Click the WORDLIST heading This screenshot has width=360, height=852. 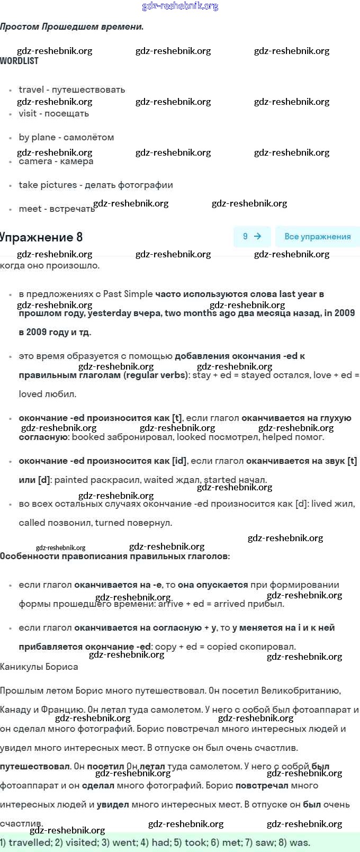click(x=19, y=61)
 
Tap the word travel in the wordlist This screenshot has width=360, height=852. click(x=31, y=89)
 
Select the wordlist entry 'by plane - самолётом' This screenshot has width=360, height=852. click(x=66, y=137)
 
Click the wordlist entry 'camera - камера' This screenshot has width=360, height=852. click(x=56, y=162)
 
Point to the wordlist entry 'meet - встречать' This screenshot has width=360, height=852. click(x=56, y=209)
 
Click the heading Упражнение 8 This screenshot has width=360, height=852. click(x=41, y=237)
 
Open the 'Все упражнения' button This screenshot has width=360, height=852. click(x=317, y=237)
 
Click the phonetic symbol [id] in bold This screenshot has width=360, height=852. click(x=179, y=461)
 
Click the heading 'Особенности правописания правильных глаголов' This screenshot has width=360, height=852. click(x=114, y=556)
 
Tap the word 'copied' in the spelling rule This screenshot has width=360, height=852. click(x=223, y=647)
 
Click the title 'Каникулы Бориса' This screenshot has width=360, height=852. click(x=39, y=667)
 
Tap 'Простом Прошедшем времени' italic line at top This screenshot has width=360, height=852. click(x=72, y=26)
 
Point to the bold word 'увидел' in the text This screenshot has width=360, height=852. click(x=113, y=804)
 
